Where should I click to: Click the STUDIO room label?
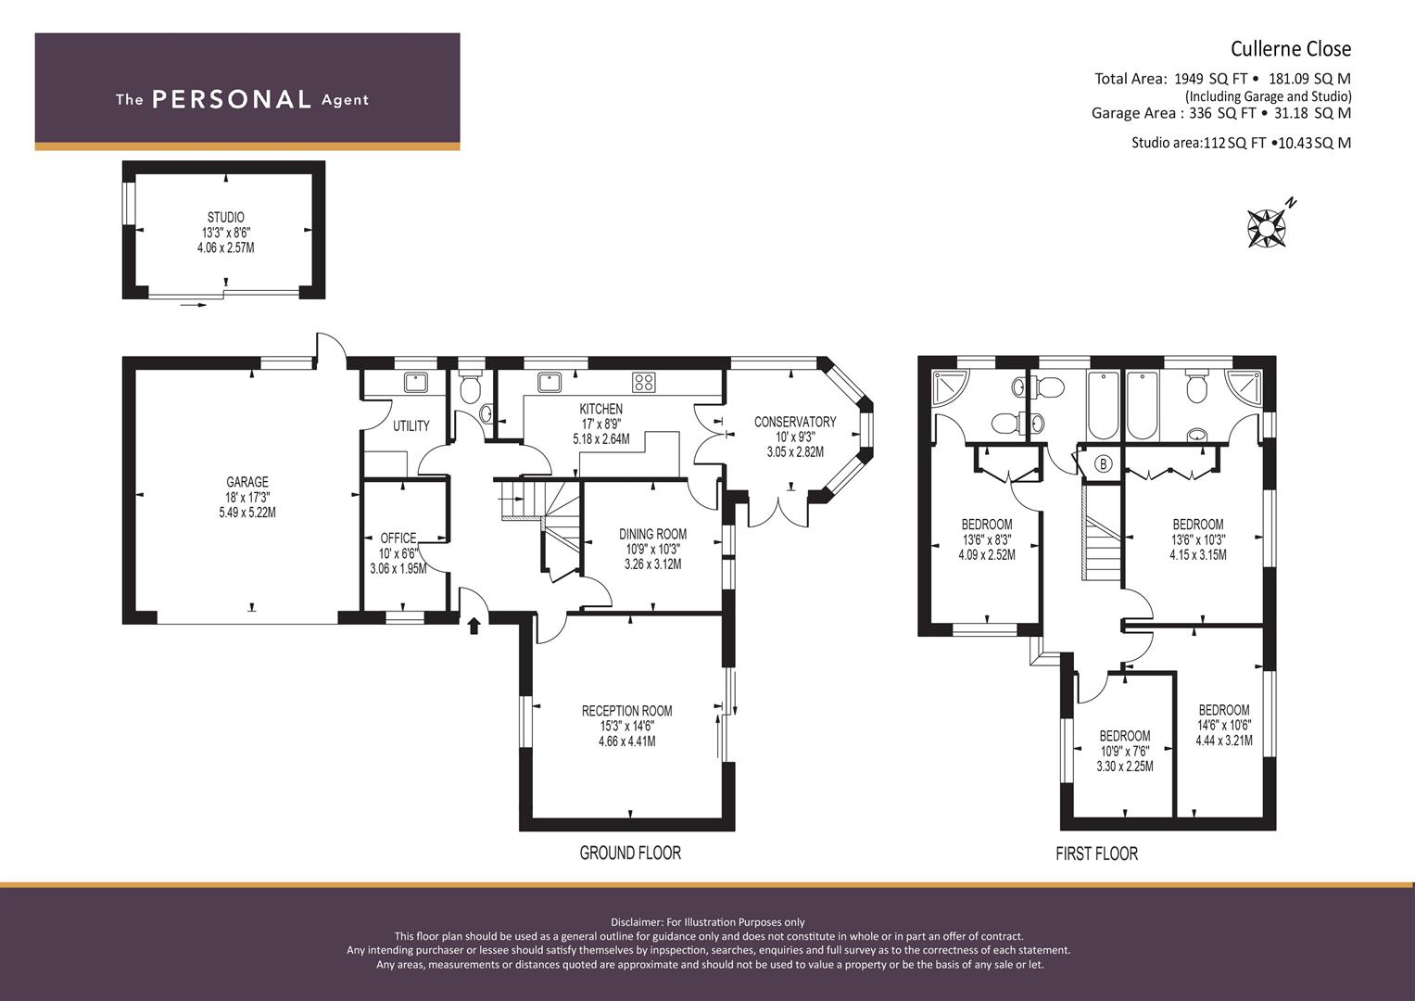(x=225, y=218)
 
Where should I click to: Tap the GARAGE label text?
(x=247, y=482)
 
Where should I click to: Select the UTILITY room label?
(x=411, y=426)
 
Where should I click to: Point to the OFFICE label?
(x=398, y=538)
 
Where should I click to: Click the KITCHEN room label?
(x=601, y=409)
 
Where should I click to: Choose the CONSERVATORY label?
(x=795, y=422)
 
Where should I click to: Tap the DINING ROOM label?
(x=652, y=534)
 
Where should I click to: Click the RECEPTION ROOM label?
(x=626, y=711)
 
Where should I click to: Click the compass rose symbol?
(x=1267, y=228)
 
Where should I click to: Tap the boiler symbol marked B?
(x=1103, y=464)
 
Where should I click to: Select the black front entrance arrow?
(x=474, y=625)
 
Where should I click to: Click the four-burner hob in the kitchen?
(x=644, y=382)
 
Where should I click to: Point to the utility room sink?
(x=416, y=382)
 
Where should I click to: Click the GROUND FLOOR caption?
(x=630, y=853)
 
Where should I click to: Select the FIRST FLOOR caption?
(x=1096, y=854)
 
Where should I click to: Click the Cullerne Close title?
(x=1291, y=48)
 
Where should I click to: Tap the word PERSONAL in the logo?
(x=232, y=99)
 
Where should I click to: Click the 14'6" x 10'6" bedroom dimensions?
(x=1224, y=726)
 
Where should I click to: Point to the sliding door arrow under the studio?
(x=194, y=305)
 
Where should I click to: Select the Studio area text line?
(x=1242, y=143)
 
